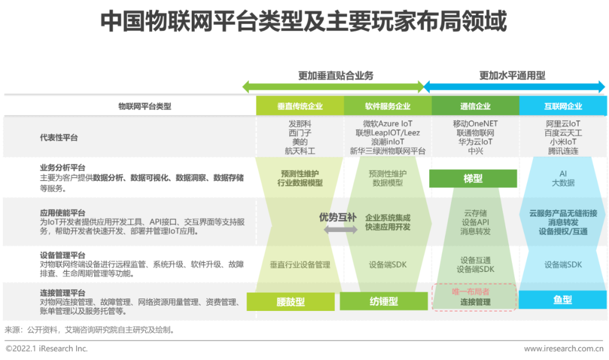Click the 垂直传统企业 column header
[x=300, y=106]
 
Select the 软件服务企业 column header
[x=387, y=106]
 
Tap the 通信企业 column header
[x=475, y=106]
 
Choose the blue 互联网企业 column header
[x=563, y=106]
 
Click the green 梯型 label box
[x=473, y=179]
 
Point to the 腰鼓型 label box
[x=292, y=302]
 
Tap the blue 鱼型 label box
[x=562, y=300]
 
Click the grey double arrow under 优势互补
[x=340, y=230]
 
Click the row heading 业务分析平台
[x=63, y=168]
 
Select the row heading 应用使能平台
[x=63, y=213]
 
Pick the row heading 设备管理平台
[x=63, y=254]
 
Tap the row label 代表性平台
[x=59, y=138]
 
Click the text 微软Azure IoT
[x=388, y=124]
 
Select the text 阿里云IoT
[x=563, y=124]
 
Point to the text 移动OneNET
[x=475, y=124]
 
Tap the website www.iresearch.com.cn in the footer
[x=563, y=349]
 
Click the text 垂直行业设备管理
[x=299, y=264]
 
